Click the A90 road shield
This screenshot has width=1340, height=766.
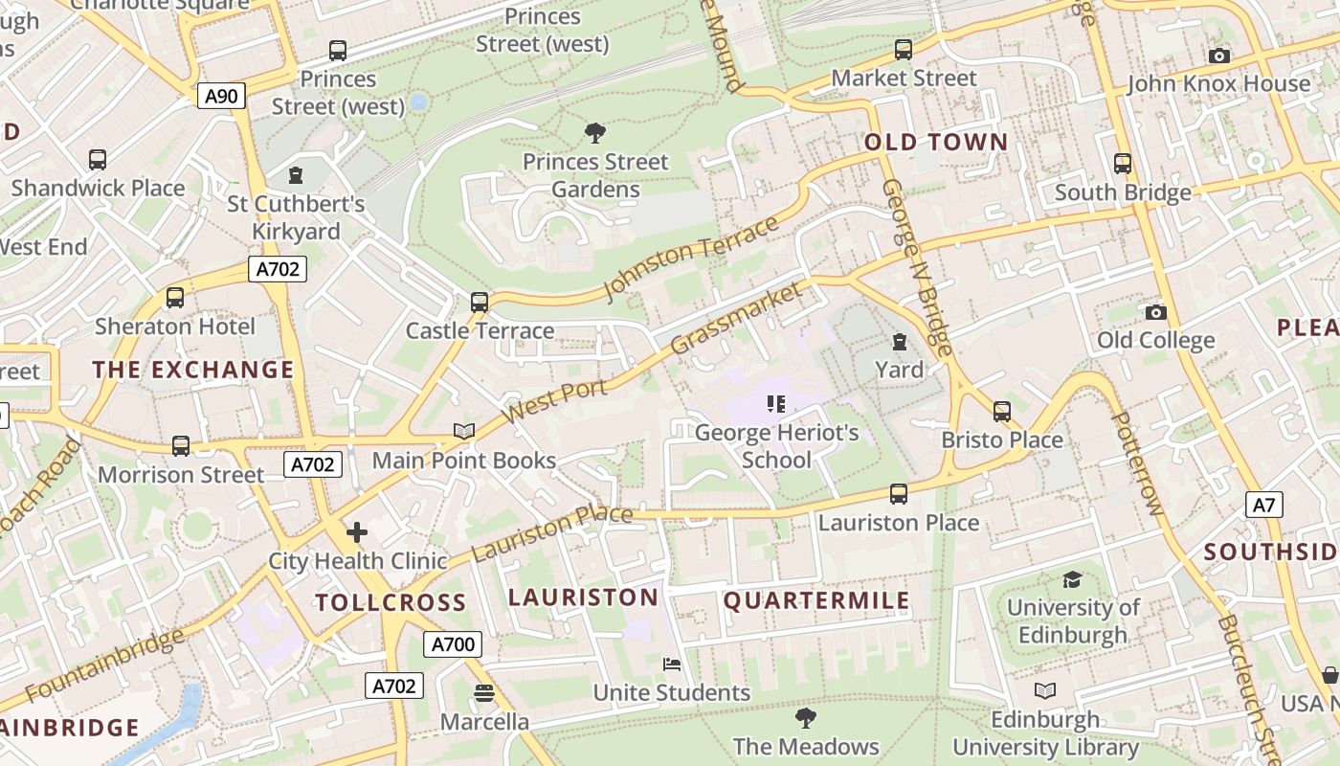pos(222,95)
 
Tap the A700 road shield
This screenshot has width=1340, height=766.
pos(453,644)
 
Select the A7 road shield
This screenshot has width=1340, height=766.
pos(1264,505)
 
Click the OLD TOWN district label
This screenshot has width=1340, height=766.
pos(936,143)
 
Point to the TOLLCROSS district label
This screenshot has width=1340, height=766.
pos(391,602)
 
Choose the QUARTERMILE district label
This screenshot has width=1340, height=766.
pos(816,600)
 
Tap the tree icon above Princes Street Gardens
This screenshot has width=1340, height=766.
pos(595,132)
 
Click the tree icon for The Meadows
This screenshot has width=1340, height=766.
pos(806,717)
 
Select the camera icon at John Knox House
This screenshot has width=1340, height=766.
pos(1218,56)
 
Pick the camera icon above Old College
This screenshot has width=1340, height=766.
pos(1155,312)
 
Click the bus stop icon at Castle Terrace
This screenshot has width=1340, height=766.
pos(480,303)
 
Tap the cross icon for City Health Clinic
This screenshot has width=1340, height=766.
pos(357,532)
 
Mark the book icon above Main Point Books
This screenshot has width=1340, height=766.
pos(464,432)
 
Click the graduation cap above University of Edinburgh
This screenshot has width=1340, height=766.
pos(1072,579)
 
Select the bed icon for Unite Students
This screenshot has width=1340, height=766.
pos(672,664)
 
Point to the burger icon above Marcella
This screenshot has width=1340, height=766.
pos(484,692)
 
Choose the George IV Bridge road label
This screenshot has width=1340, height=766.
pos(918,268)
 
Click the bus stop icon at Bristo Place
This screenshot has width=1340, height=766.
pos(1002,412)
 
